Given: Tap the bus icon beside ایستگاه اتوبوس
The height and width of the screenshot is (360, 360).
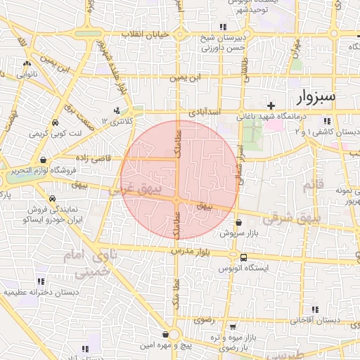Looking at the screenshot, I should coord(243,257).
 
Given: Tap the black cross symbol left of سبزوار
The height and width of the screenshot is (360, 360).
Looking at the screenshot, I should coord(271,105).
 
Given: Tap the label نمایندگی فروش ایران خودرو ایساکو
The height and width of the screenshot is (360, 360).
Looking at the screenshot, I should coord(54,214).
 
